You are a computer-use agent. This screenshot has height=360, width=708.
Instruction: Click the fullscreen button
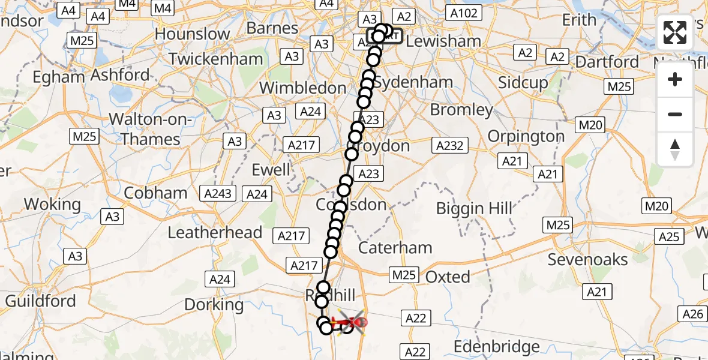[675, 32]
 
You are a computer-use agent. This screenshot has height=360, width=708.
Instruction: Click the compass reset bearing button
[675, 149]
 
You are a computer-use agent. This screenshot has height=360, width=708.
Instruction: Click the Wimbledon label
[302, 88]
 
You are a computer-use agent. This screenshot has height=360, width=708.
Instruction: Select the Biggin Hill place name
[474, 209]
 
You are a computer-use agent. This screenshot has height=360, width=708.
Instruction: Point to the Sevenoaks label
[588, 260]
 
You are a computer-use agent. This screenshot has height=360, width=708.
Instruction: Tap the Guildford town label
[40, 300]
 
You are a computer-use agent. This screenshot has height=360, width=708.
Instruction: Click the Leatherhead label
[215, 233]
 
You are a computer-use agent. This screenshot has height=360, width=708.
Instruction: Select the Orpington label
[526, 136]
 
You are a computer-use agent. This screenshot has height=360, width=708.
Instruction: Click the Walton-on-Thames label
[151, 130]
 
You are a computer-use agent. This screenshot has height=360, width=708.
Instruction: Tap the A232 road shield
[450, 145]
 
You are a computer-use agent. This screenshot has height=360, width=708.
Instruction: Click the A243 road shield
[218, 194]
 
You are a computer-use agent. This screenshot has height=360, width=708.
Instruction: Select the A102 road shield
[464, 13]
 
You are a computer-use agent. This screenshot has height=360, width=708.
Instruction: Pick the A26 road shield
[693, 313]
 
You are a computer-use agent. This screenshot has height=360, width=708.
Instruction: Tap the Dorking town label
[214, 305]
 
